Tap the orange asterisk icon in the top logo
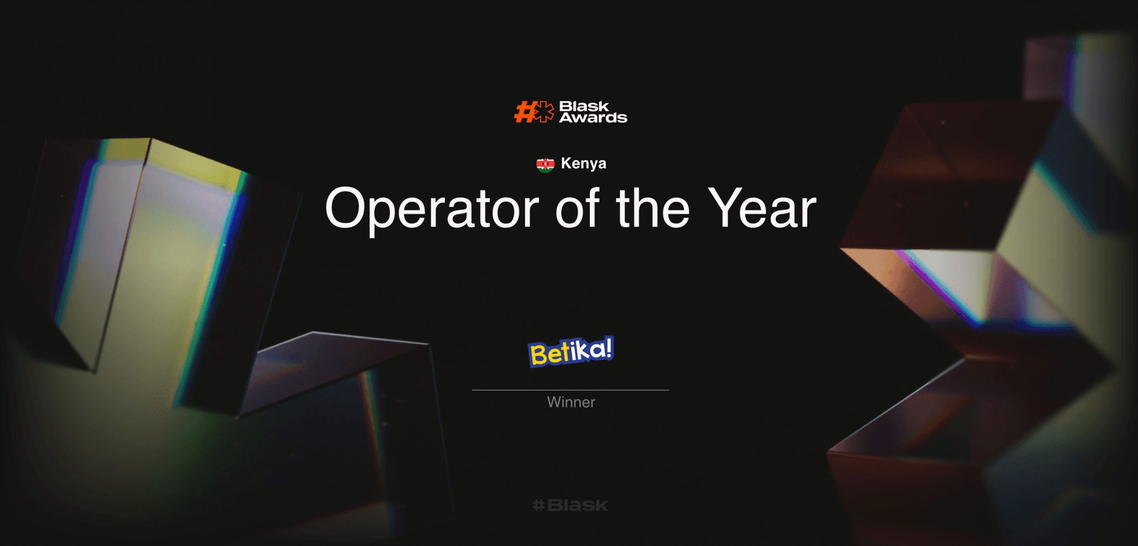(544, 112)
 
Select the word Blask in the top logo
(584, 106)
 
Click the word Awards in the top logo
(593, 117)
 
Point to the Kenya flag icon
(545, 164)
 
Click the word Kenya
(583, 163)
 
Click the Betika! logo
(571, 351)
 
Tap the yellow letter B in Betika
(539, 355)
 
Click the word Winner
(571, 402)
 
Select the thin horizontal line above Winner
(570, 390)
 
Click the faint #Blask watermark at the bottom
(570, 505)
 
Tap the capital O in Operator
(348, 207)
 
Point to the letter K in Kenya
(566, 163)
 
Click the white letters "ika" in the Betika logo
(586, 350)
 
